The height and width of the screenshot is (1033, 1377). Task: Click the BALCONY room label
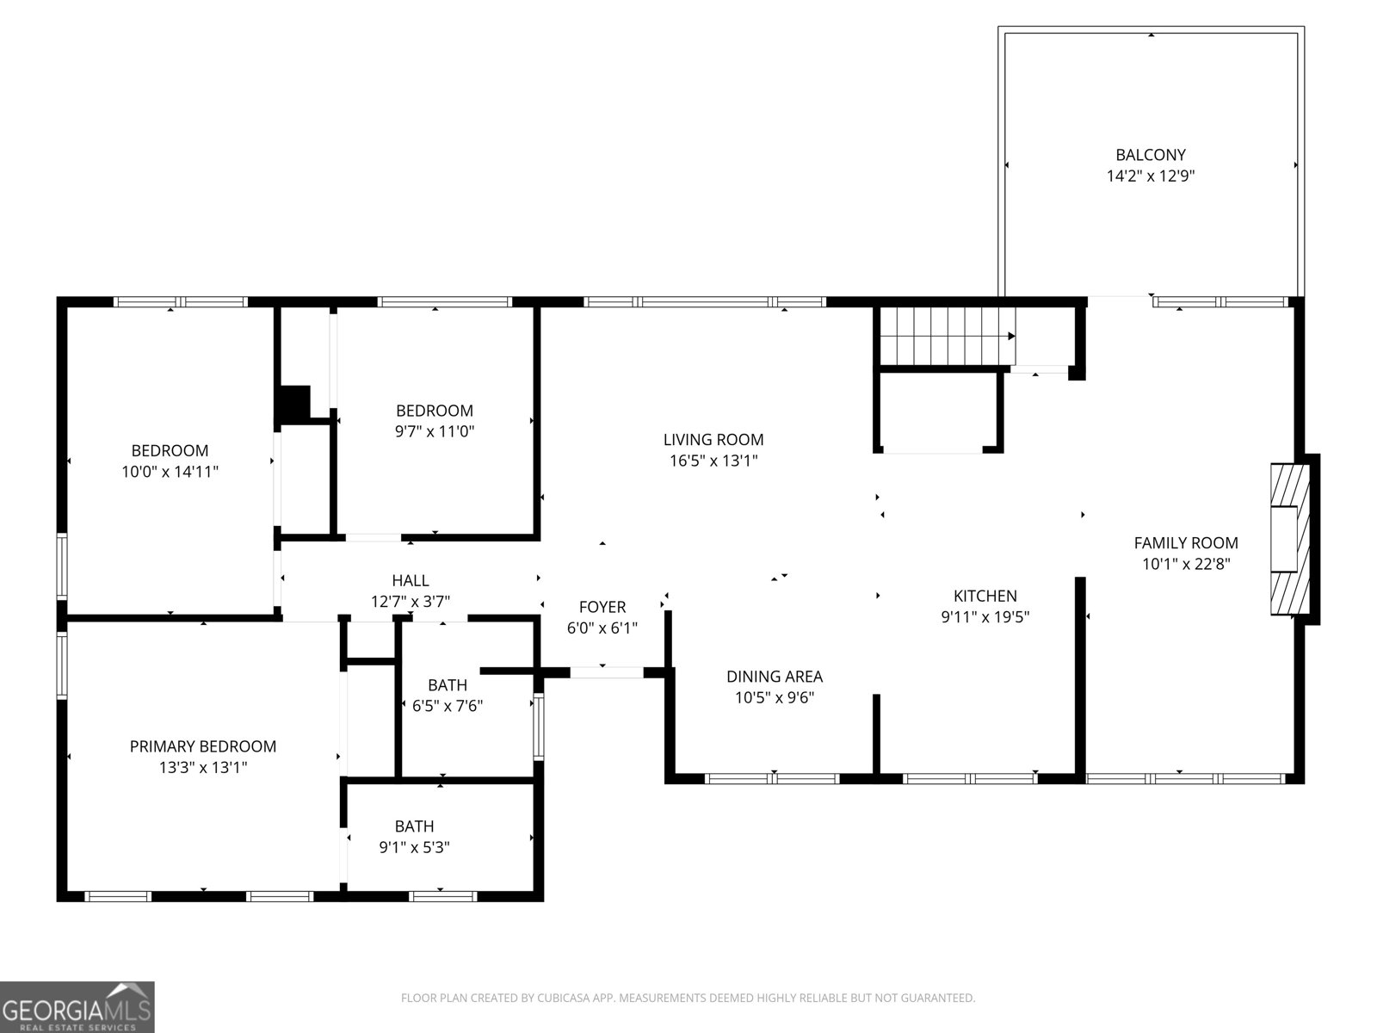tap(1151, 155)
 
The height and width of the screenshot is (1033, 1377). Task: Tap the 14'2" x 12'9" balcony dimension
tap(1151, 176)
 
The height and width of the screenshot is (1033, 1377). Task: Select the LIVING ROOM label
tap(713, 439)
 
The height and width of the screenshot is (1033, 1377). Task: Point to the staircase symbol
tap(946, 336)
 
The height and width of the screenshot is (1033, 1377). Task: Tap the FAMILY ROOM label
tap(1186, 542)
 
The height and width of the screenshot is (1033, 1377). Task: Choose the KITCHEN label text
tap(985, 596)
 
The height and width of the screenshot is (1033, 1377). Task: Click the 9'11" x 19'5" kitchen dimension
tap(985, 616)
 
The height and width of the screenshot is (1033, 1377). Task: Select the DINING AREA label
tap(775, 677)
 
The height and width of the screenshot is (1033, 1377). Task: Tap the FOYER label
tap(602, 607)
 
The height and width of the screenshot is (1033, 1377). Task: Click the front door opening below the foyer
tap(606, 671)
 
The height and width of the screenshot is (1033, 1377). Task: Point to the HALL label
tap(411, 581)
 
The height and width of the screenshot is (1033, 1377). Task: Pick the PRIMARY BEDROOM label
tap(203, 746)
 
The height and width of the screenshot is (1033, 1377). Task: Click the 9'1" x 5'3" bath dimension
tap(415, 847)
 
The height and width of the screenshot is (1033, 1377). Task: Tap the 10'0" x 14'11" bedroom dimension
tap(170, 471)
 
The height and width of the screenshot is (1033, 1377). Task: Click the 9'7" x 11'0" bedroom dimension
tap(435, 431)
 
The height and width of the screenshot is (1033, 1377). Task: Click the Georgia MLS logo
tap(77, 1007)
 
